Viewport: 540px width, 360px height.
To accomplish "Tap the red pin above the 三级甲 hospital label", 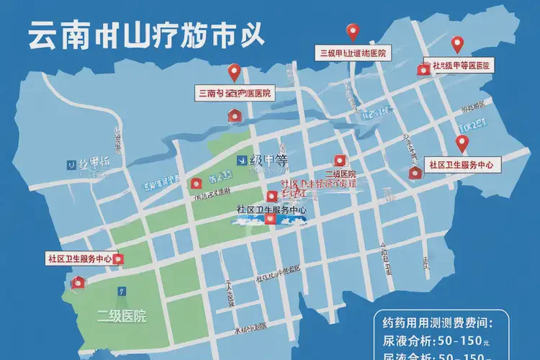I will coord(352,32).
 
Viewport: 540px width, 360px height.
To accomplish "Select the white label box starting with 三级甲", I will coord(353,53).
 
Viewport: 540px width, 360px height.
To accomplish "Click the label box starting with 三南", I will coord(234,93).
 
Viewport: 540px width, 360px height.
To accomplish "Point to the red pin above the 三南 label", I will coord(233,71).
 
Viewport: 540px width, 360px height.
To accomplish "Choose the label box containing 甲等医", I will coord(462,66).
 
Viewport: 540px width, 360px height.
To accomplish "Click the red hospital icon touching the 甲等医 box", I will coord(423,68).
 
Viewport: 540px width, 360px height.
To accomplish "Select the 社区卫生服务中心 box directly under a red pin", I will coord(461,165).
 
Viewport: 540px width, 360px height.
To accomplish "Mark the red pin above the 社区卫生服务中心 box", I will coord(462,143).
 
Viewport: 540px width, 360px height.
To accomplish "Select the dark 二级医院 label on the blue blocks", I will coord(341,174).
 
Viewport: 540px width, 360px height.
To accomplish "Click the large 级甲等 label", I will coord(269,161).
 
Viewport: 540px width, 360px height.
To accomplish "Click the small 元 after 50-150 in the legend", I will coord(487,341).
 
